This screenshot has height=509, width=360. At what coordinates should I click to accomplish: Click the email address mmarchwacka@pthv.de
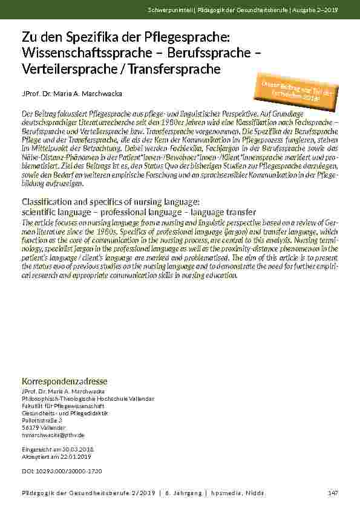click(x=53, y=435)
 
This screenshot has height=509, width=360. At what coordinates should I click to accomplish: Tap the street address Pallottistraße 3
click(x=42, y=419)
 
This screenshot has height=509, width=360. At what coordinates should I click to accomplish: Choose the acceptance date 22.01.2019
click(x=77, y=457)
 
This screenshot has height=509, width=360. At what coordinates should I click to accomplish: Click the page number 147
click(x=332, y=493)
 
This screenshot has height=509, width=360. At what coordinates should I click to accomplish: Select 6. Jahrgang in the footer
click(x=184, y=493)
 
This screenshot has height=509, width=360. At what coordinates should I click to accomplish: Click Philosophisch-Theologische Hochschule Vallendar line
click(x=87, y=398)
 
